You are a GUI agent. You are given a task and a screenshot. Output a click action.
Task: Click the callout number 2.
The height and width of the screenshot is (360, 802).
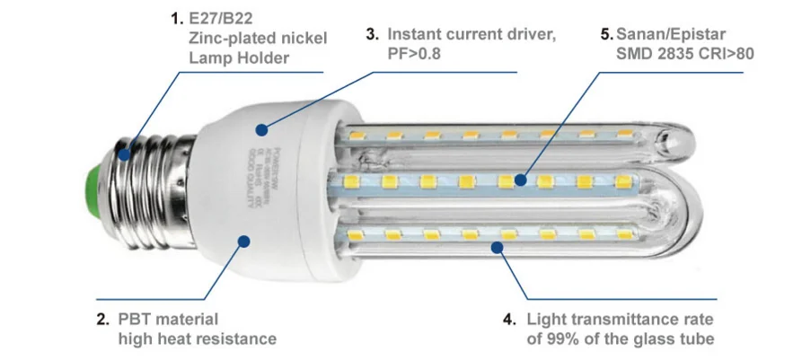click(x=102, y=319)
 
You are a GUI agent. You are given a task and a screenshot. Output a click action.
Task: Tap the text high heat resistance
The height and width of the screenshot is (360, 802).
click(x=197, y=338)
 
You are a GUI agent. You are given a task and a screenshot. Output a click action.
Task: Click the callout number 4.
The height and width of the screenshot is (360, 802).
click(x=509, y=319)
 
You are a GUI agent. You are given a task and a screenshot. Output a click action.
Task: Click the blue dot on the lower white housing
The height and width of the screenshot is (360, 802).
click(x=244, y=240)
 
